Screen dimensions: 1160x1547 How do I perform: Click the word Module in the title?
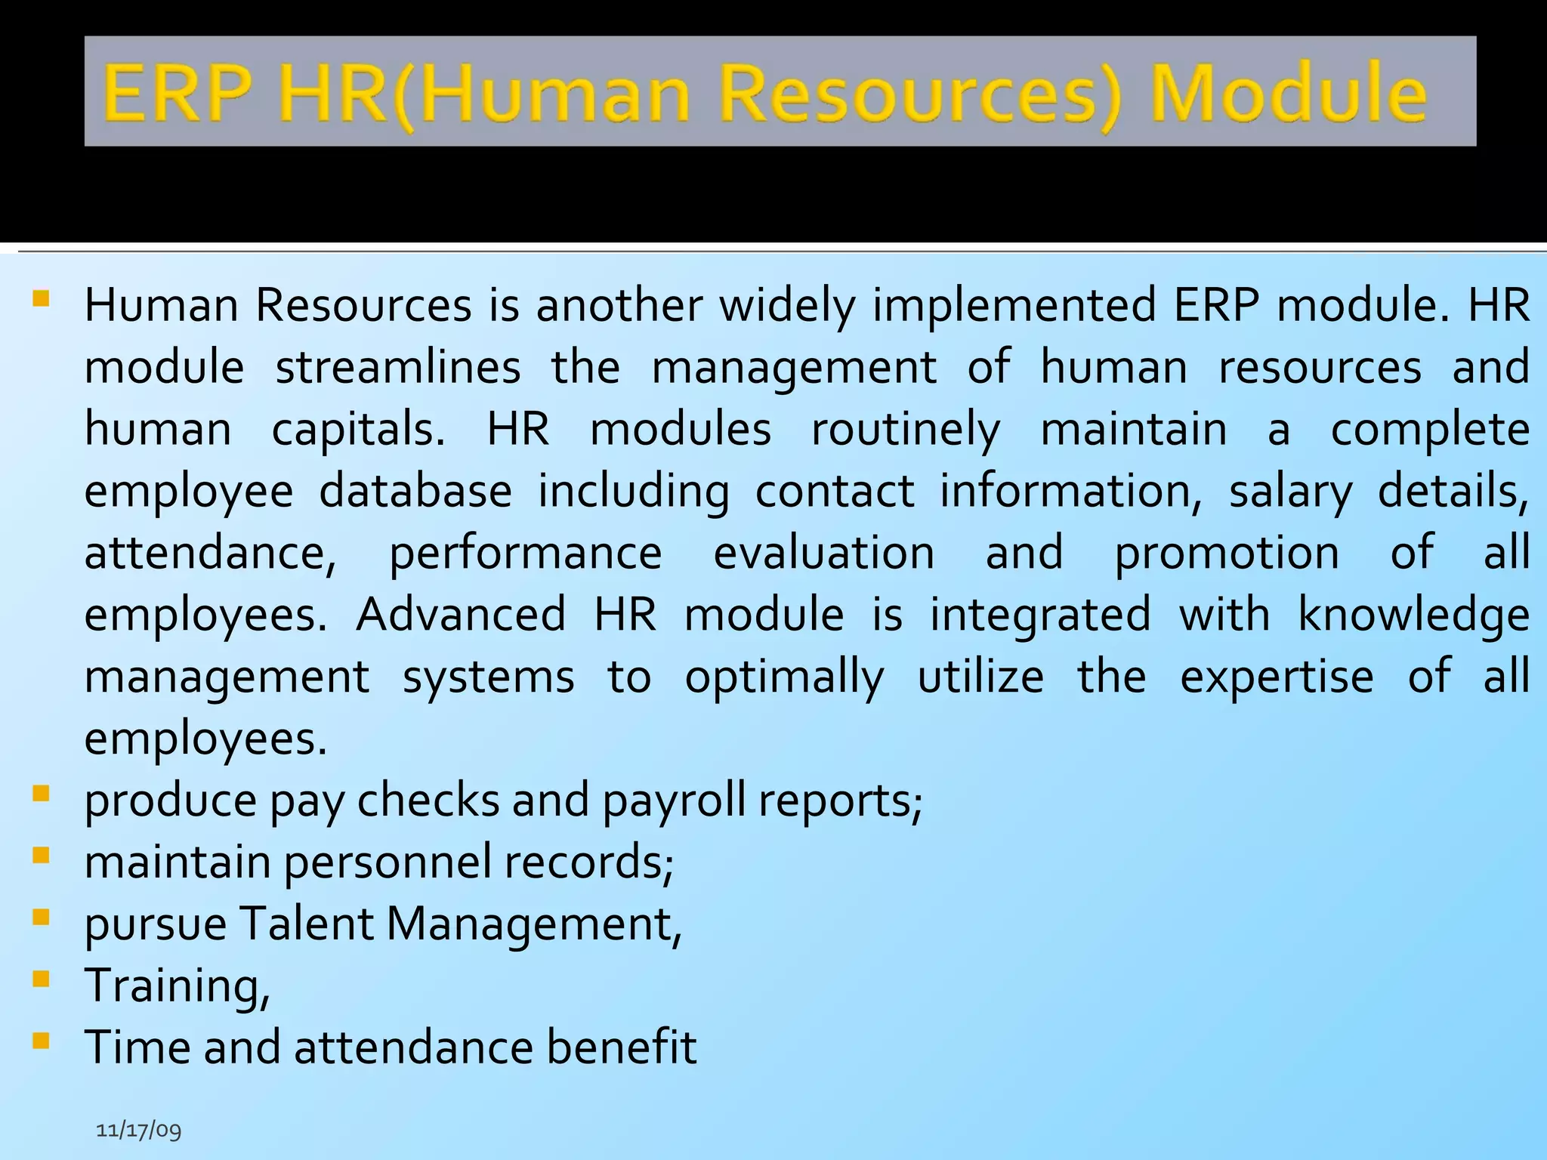1288,94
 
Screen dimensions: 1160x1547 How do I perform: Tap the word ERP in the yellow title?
178,94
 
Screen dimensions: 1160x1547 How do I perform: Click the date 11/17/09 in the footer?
139,1130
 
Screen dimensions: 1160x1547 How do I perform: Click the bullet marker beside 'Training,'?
42,980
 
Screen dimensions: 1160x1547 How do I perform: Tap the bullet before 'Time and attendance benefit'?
42,1041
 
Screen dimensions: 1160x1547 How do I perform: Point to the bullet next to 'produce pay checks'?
42,794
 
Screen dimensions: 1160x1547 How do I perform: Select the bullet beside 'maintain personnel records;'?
42,856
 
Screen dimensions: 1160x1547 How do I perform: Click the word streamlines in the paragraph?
398,367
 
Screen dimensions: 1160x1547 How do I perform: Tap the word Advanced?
461,614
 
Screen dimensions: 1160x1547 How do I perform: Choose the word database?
415,491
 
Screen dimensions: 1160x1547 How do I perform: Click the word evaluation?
824,553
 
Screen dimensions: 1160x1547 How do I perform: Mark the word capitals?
358,430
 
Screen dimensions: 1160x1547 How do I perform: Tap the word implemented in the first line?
1014,307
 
